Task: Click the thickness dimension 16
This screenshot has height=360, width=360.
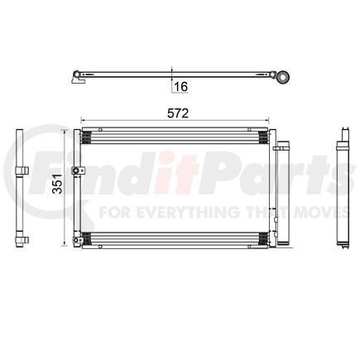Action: click(180, 84)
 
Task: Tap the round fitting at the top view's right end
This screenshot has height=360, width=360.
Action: click(284, 77)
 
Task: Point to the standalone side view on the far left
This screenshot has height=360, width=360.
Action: click(19, 187)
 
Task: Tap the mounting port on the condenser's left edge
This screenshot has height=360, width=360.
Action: click(76, 171)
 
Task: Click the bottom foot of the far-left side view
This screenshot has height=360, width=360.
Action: click(19, 242)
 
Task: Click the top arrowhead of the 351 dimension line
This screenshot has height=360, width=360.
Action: click(65, 132)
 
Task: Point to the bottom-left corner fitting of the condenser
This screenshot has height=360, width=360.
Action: click(79, 241)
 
